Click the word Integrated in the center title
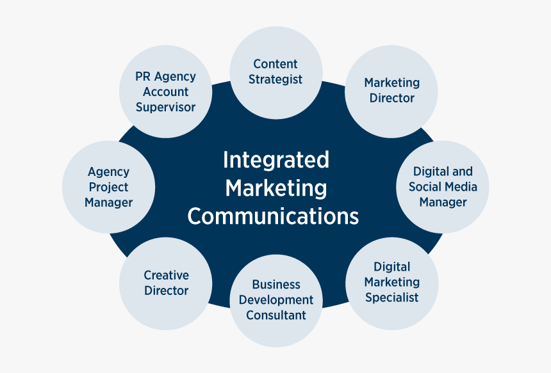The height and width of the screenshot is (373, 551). coord(275,159)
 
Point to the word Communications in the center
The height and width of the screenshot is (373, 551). coord(273,216)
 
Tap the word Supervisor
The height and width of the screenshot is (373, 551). coord(165,107)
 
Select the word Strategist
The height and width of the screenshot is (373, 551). coord(275,79)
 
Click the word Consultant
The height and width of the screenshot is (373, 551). coord(276,315)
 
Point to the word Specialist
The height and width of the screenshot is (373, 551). coord(392,297)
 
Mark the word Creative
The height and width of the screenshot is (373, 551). coord(166,275)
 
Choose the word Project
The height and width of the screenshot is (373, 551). coord(108,187)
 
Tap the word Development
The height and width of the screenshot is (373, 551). coord(276,299)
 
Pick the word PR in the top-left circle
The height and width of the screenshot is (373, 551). coord(142,76)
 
